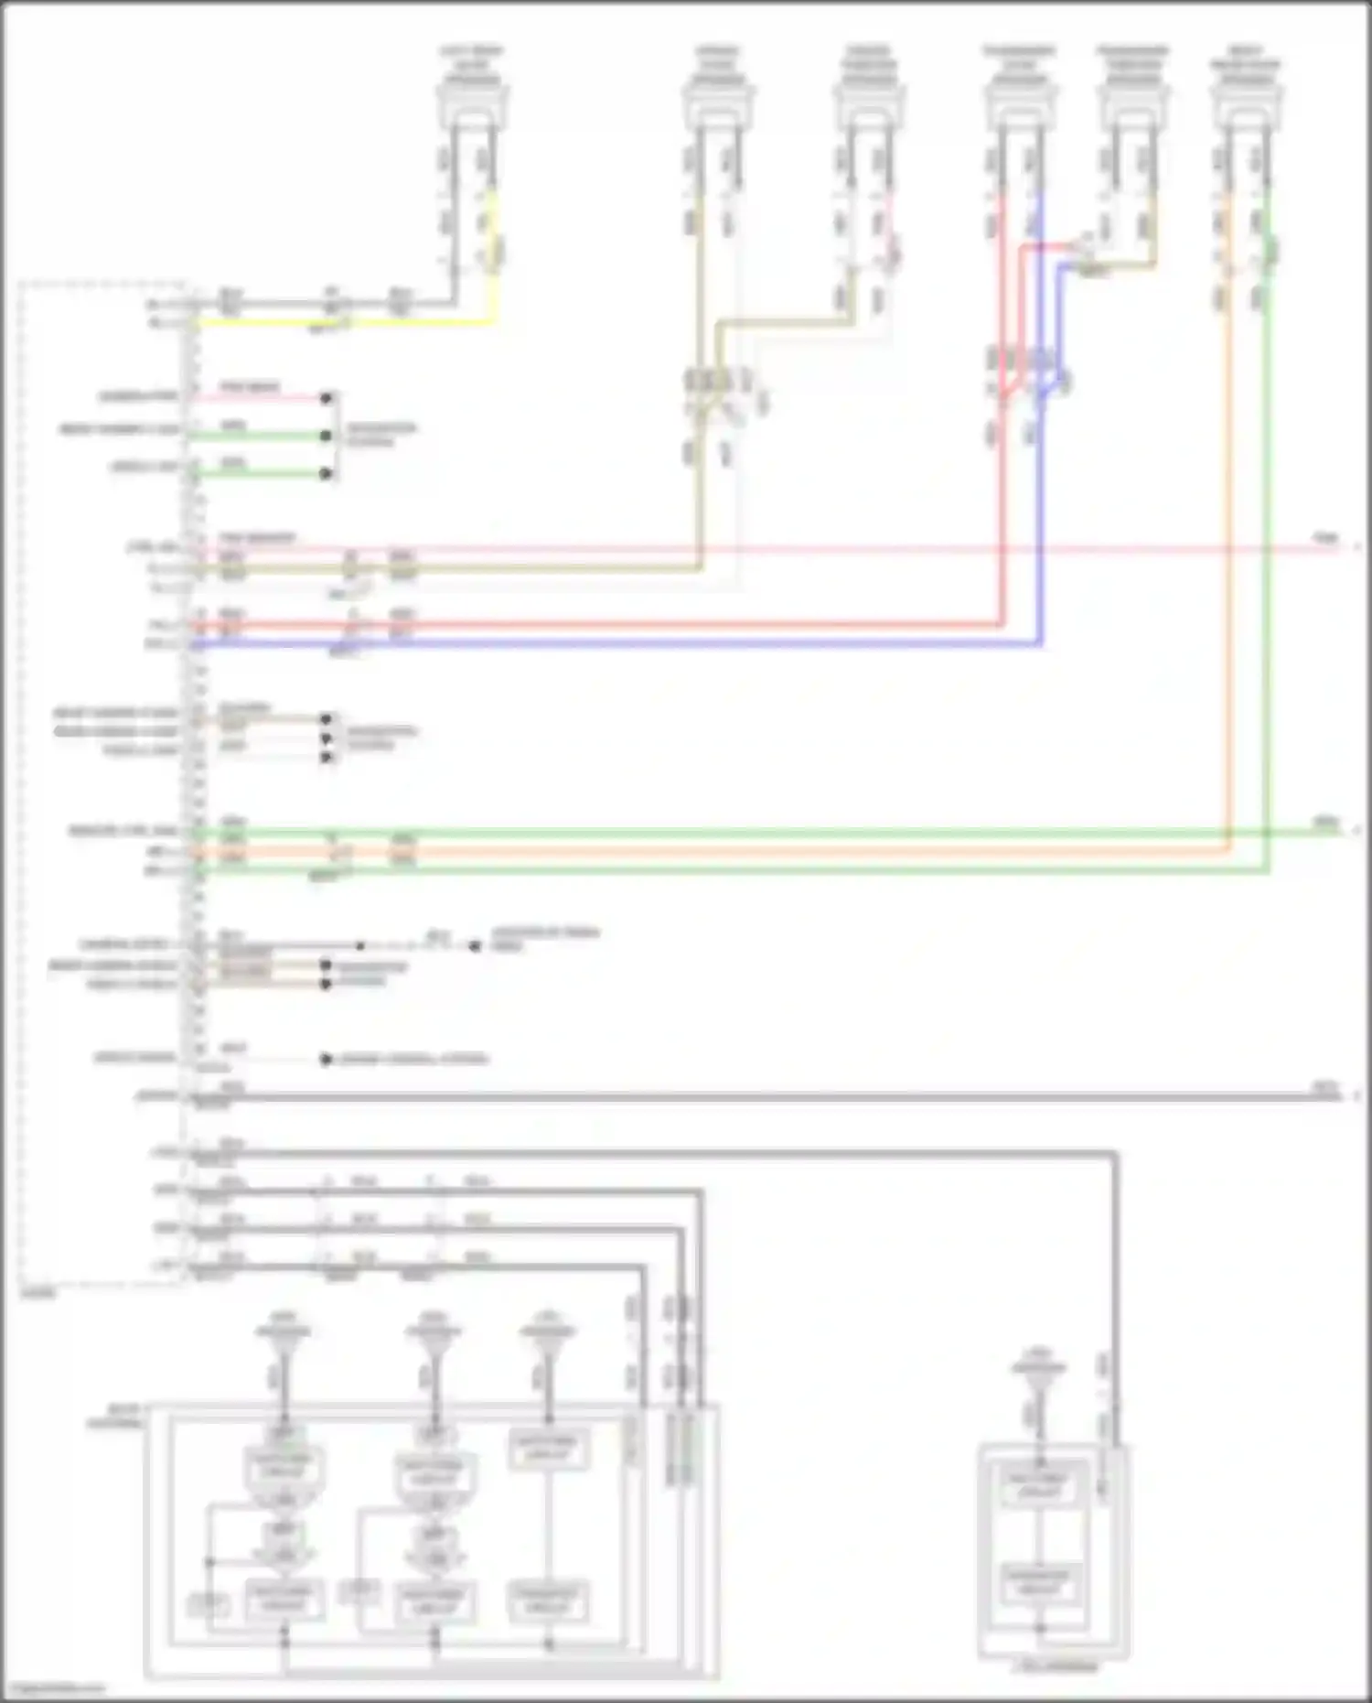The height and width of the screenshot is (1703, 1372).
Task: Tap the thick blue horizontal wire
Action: (640, 644)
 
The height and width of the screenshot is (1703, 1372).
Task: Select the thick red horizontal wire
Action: (640, 625)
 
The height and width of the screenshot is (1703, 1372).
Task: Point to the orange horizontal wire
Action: (732, 851)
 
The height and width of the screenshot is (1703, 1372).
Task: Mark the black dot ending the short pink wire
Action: (327, 398)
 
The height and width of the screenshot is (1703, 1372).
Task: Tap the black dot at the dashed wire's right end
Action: (475, 946)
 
